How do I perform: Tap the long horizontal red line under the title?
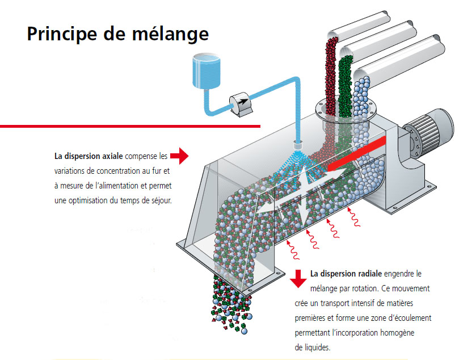130,125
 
